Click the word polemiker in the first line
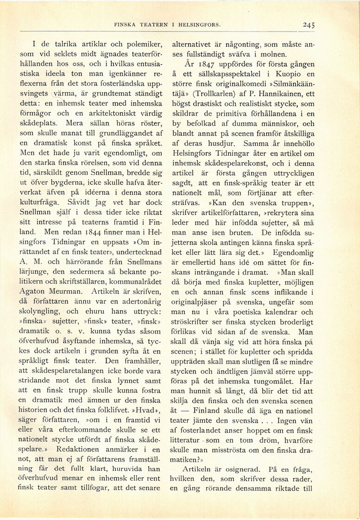(140, 45)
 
